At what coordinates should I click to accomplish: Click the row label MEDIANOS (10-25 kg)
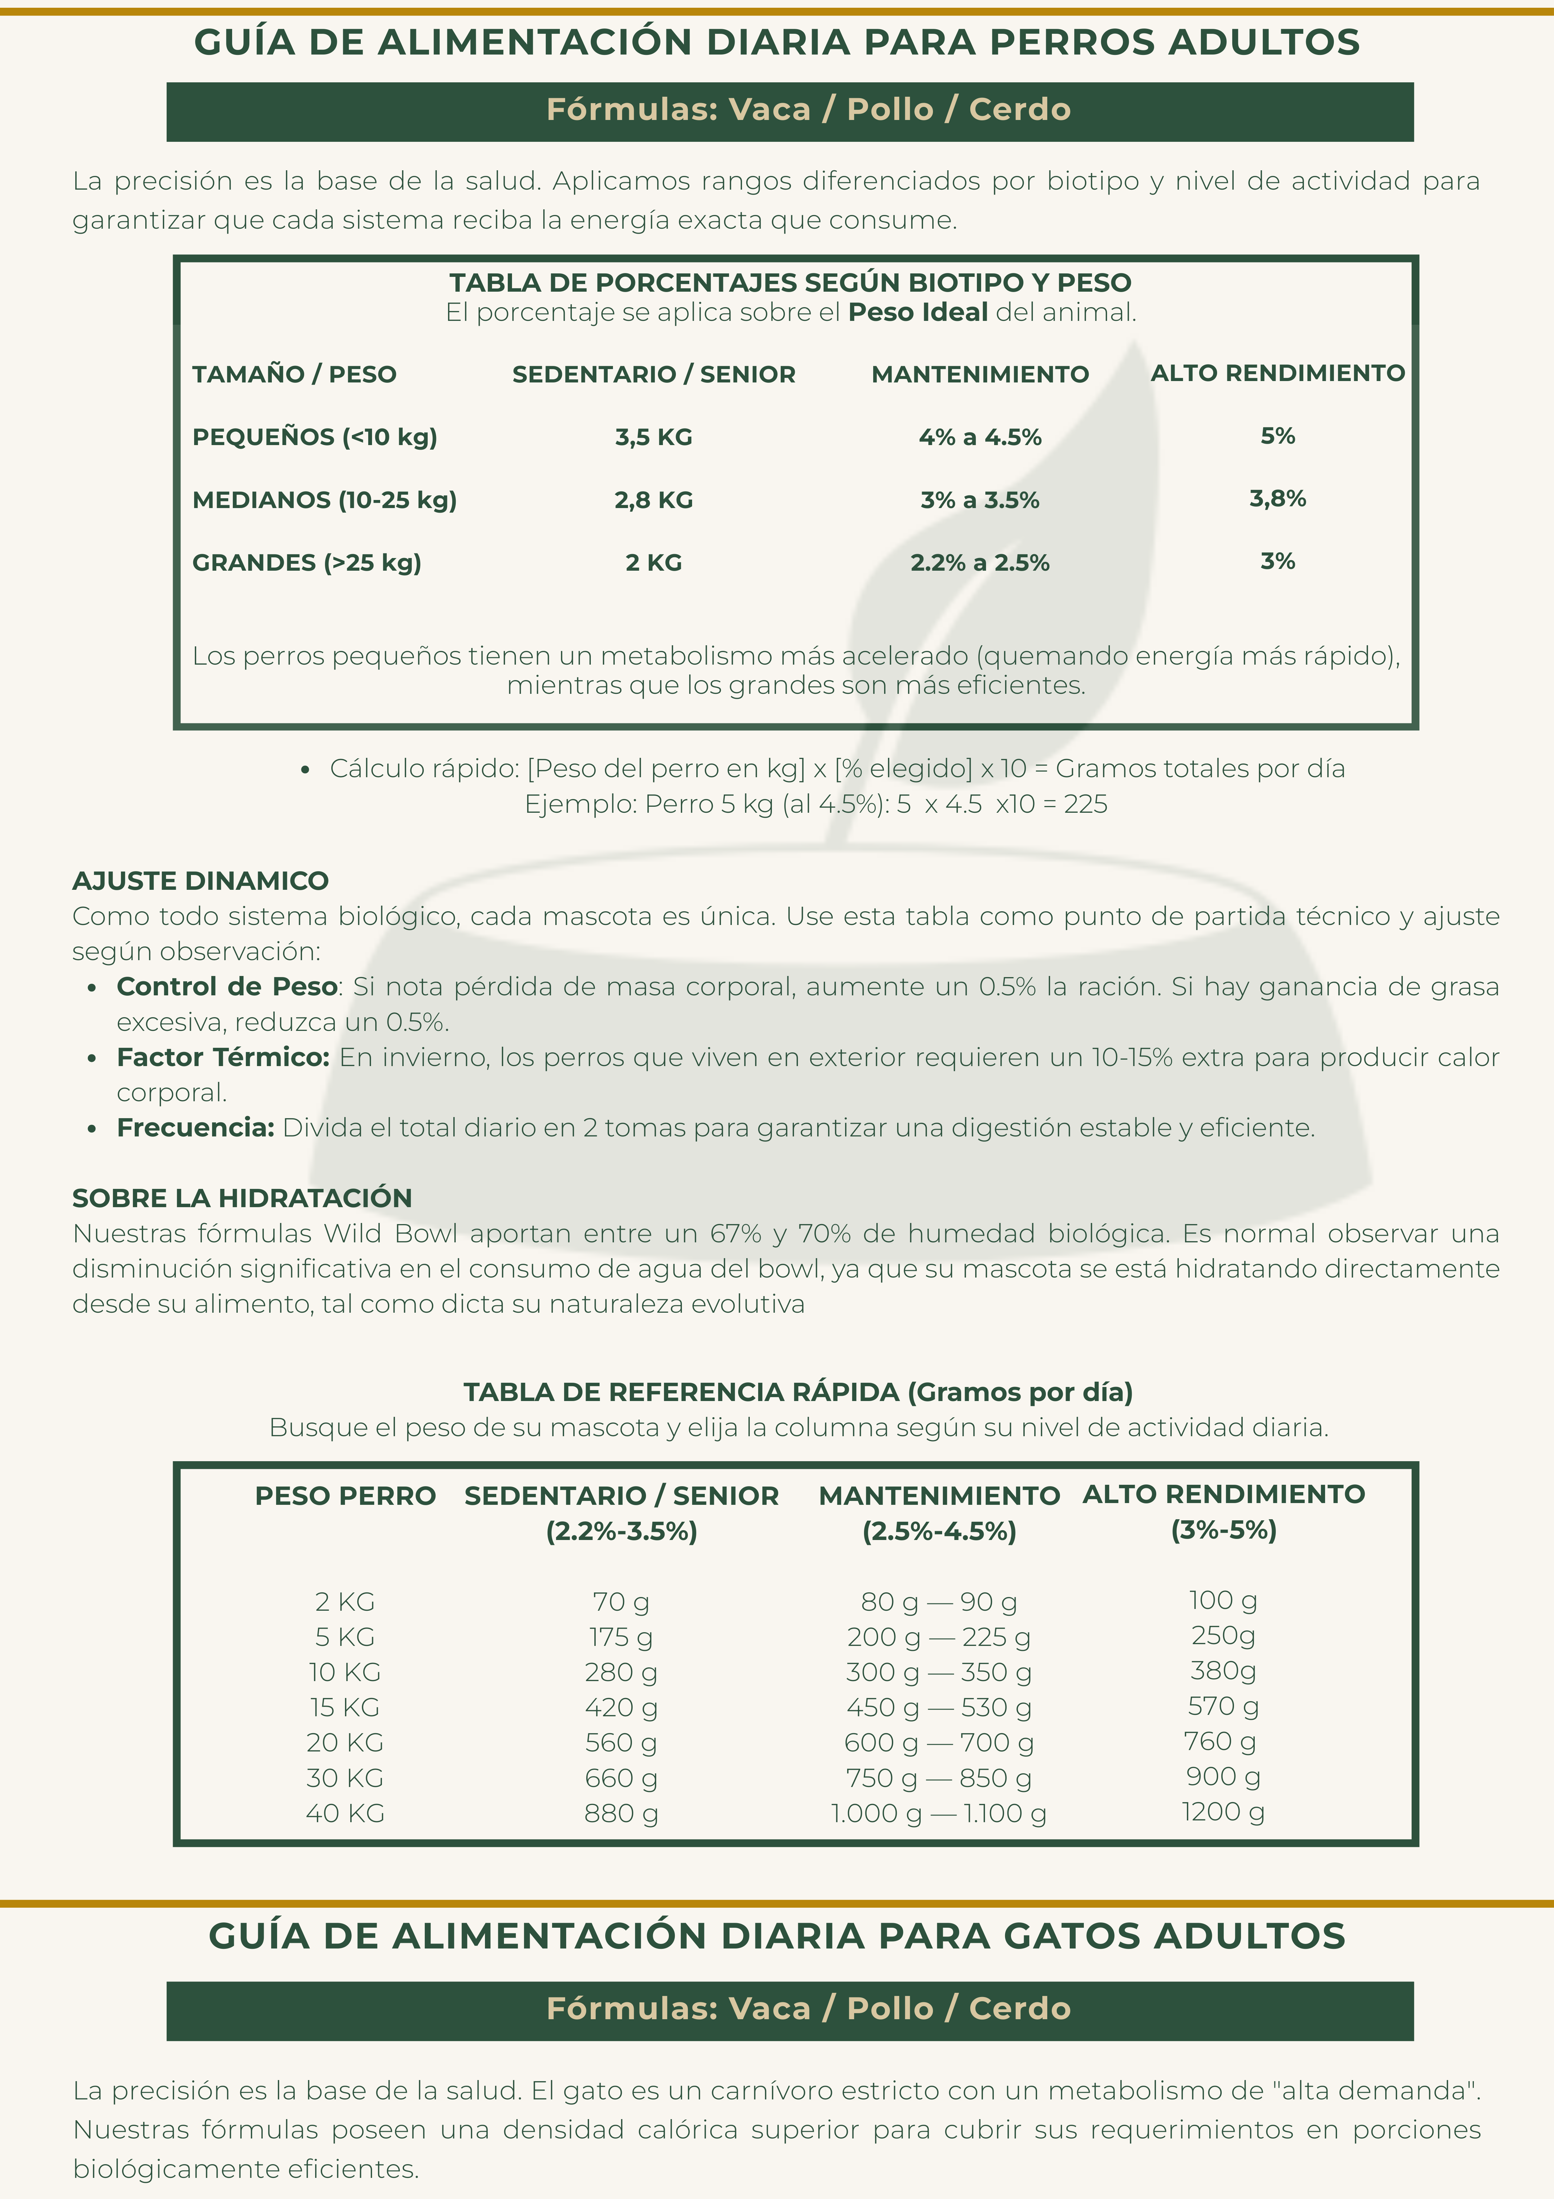[325, 500]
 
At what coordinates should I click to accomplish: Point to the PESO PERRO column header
[345, 1496]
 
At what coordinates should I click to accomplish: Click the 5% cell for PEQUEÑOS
[1277, 436]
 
